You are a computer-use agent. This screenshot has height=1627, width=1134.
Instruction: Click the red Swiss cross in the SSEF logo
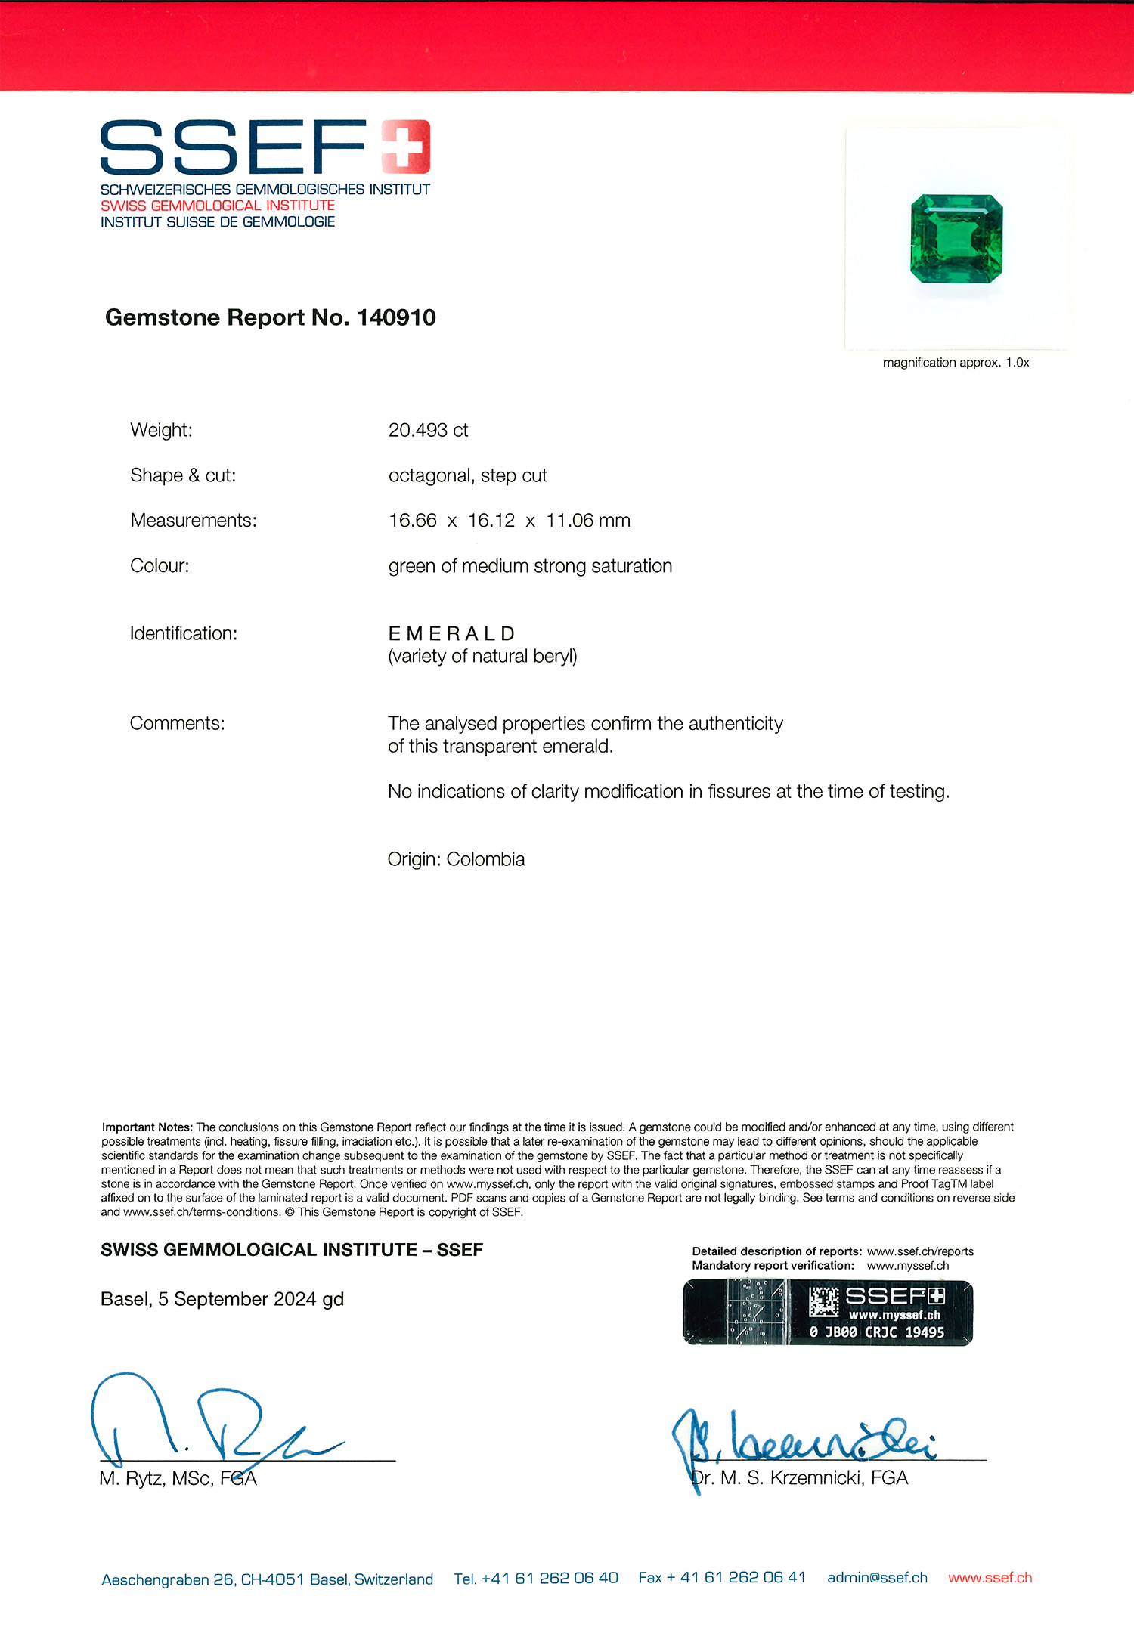[x=406, y=146]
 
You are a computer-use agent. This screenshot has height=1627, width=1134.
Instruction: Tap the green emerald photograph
[x=956, y=238]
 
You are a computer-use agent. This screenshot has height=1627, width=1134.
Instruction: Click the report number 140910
[x=396, y=317]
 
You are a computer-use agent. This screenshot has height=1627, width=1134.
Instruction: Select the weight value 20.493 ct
[x=428, y=430]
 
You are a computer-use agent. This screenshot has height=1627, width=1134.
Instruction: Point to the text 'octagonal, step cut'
[x=467, y=475]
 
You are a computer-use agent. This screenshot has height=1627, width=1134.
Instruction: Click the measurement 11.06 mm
[x=588, y=521]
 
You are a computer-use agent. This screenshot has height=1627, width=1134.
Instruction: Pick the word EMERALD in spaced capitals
[x=451, y=633]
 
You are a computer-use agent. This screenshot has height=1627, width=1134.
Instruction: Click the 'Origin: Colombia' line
[x=456, y=859]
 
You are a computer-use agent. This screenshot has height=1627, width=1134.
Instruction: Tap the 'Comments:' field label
[x=177, y=723]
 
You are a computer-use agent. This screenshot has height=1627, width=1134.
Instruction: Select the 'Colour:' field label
[x=160, y=566]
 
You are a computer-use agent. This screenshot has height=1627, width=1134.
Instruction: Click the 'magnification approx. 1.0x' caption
[x=956, y=363]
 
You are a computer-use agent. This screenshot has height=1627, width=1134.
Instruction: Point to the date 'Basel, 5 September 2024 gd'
[x=222, y=1299]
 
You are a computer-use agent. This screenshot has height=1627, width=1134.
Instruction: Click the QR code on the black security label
[x=823, y=1301]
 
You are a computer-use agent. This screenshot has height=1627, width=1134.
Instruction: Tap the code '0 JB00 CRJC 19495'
[x=877, y=1332]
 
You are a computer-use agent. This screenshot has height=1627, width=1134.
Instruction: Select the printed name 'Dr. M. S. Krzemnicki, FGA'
[x=800, y=1478]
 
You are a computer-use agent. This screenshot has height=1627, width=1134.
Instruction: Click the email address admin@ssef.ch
[x=877, y=1578]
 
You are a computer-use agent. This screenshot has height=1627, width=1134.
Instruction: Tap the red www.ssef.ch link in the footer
[x=990, y=1578]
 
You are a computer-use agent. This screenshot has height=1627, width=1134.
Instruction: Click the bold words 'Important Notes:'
[x=147, y=1127]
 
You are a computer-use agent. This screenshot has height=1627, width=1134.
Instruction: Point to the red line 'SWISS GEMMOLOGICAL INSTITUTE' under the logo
[x=218, y=206]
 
